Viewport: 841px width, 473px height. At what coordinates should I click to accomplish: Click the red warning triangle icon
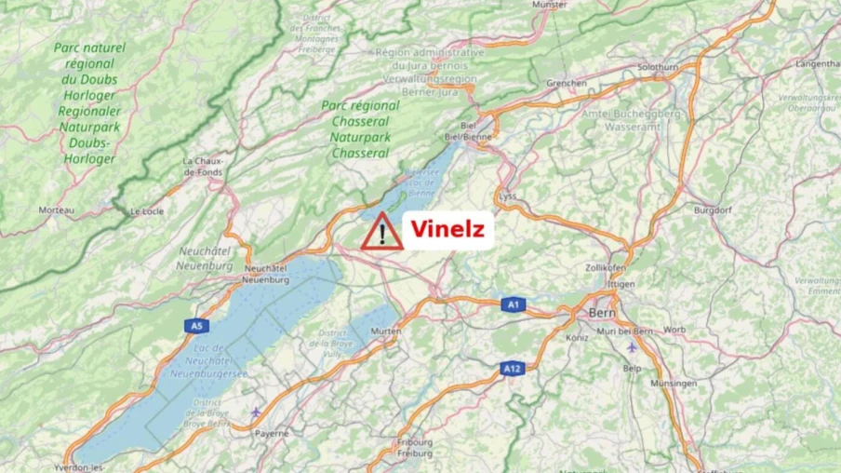381,231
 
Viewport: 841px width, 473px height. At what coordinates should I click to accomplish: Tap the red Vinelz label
447,229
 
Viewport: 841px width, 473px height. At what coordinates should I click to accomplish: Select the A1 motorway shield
514,304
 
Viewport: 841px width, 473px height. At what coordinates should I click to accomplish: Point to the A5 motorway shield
194,326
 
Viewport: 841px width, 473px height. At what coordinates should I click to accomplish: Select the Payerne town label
272,433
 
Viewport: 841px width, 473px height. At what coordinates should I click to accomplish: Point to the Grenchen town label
567,83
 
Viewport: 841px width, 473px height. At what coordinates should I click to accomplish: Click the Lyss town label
507,196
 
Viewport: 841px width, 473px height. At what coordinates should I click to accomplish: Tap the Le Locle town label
147,211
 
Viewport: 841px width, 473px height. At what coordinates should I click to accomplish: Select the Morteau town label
57,210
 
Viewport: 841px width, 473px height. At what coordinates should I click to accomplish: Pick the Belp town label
633,369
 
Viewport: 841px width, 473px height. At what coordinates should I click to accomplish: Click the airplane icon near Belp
633,347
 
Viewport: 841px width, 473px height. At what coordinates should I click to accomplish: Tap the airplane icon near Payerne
257,412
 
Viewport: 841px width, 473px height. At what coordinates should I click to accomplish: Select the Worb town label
674,330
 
